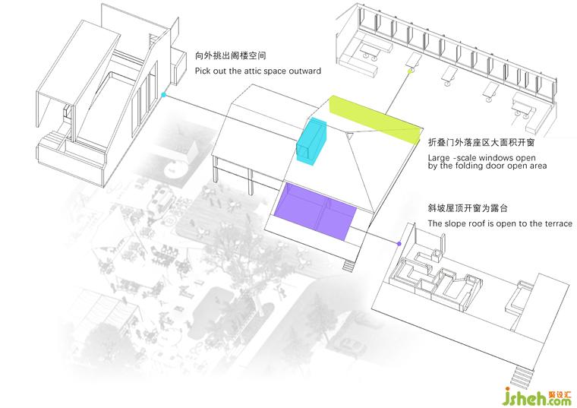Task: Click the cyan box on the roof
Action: (x=311, y=139)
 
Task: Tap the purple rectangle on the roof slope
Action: (x=318, y=212)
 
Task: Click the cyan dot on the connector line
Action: (x=163, y=96)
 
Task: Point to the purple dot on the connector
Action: (x=399, y=243)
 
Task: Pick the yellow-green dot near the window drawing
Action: (x=411, y=71)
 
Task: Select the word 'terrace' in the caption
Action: (x=556, y=224)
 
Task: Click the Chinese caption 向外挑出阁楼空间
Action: (x=230, y=56)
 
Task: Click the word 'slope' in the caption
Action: (x=454, y=224)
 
